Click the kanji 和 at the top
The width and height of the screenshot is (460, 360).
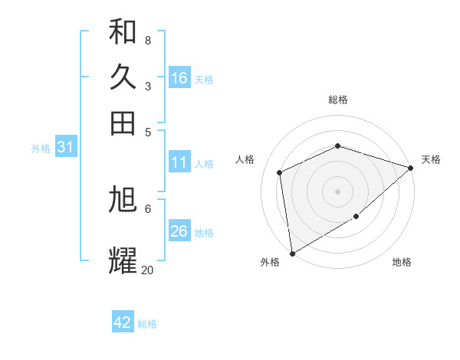[123, 32]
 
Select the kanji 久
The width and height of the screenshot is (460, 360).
[123, 77]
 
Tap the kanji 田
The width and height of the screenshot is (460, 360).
[123, 123]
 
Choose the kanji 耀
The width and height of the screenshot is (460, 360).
[123, 260]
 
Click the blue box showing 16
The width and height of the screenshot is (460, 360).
[179, 78]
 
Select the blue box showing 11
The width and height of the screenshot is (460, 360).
[179, 162]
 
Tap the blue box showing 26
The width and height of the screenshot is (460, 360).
[179, 231]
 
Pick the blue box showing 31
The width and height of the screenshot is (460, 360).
[65, 148]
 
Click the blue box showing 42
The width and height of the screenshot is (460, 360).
[123, 322]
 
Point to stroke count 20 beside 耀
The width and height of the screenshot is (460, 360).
[147, 270]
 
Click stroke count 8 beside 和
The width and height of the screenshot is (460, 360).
[147, 40]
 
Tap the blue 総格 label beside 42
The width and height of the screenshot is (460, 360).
[147, 324]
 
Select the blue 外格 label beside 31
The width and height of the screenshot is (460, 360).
[41, 149]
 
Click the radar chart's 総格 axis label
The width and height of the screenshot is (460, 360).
[338, 100]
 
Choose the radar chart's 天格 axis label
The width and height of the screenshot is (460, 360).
[431, 159]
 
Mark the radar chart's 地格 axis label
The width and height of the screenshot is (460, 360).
[402, 262]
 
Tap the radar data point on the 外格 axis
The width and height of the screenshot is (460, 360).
[292, 254]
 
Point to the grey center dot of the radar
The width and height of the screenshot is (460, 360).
[337, 191]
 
